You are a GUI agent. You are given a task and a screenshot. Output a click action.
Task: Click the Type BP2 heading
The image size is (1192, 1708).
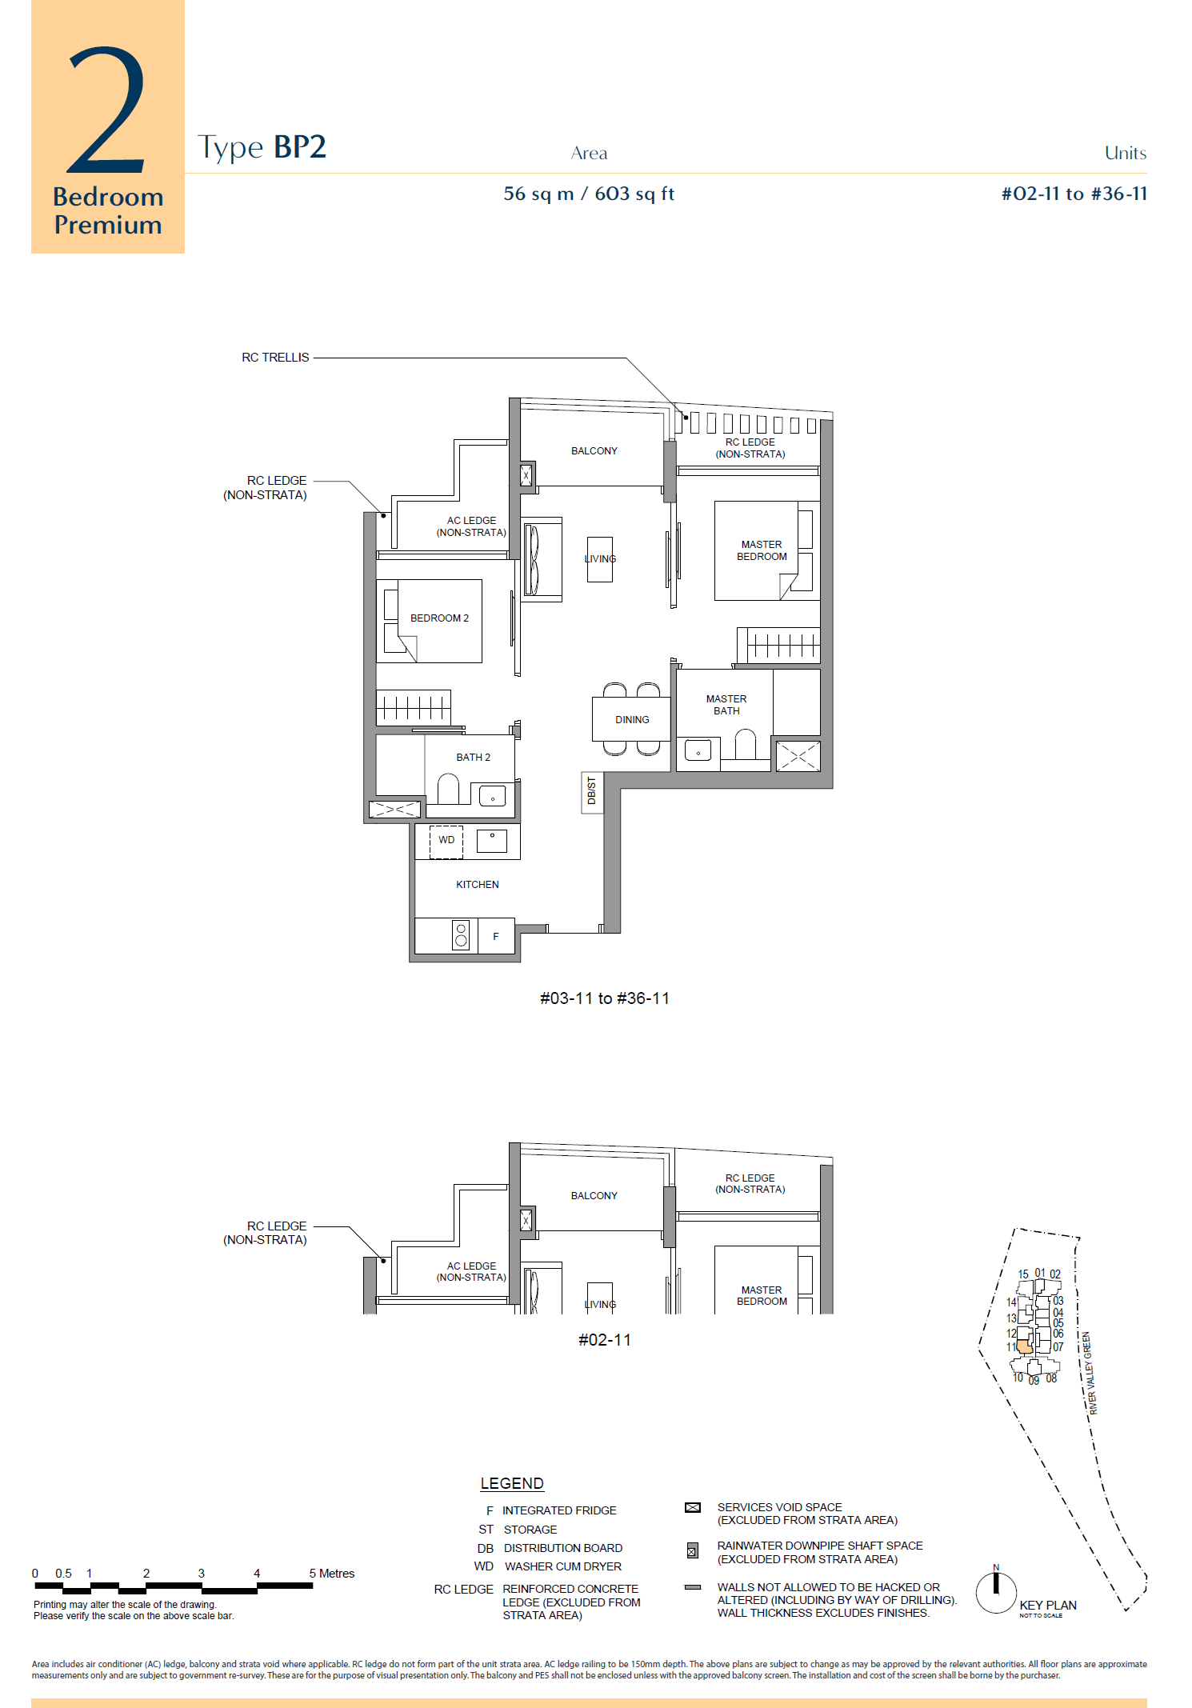pos(262,147)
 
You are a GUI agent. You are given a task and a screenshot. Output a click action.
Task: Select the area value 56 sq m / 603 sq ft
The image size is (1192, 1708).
pos(589,194)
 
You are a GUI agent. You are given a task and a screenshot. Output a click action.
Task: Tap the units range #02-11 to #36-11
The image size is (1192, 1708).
pos(1074,194)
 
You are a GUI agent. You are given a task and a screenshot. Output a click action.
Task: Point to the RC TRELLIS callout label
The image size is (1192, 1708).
pos(275,358)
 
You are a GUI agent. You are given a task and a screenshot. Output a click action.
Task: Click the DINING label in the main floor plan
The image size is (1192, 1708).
pos(632,720)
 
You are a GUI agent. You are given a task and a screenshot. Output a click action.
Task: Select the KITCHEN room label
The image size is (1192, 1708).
pos(477,885)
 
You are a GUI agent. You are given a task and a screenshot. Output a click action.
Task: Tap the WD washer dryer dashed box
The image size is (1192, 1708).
pos(446,841)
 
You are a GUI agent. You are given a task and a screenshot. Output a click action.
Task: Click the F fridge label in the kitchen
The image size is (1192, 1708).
pos(496,937)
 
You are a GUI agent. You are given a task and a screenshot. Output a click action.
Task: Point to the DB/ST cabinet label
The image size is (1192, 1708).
pos(592,790)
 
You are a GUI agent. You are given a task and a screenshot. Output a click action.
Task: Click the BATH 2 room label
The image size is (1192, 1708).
pos(473,758)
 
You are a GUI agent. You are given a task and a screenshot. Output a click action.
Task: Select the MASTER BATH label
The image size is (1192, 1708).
pos(726,705)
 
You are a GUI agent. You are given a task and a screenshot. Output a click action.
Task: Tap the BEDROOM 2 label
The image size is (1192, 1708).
pos(439,618)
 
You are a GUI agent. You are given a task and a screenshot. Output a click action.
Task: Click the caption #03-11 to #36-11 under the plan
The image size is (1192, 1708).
pos(605,998)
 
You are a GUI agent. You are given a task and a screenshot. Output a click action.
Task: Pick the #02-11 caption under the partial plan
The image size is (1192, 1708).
pos(605,1340)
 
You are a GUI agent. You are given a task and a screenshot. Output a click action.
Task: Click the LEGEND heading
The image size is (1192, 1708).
pos(512,1484)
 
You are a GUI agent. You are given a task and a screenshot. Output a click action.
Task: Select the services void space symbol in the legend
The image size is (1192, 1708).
pos(693,1508)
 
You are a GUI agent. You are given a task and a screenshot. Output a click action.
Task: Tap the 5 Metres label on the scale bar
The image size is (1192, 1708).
pos(331,1574)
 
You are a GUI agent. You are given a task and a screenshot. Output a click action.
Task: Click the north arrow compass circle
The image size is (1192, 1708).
pos(996,1592)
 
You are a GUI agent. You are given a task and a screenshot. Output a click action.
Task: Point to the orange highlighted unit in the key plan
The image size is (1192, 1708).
pos(1024,1347)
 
